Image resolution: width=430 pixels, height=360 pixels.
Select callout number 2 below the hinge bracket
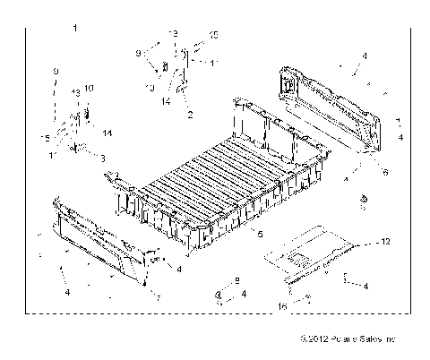(x=189, y=115)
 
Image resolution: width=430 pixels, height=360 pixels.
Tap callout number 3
(x=102, y=158)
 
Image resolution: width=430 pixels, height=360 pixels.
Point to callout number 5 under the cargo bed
(x=259, y=235)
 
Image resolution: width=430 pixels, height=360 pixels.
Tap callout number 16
(x=283, y=305)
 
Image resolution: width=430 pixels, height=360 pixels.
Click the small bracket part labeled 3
(x=81, y=147)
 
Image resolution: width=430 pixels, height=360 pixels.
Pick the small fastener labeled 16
(x=307, y=298)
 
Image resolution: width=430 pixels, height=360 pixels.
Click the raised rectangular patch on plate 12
(x=297, y=259)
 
